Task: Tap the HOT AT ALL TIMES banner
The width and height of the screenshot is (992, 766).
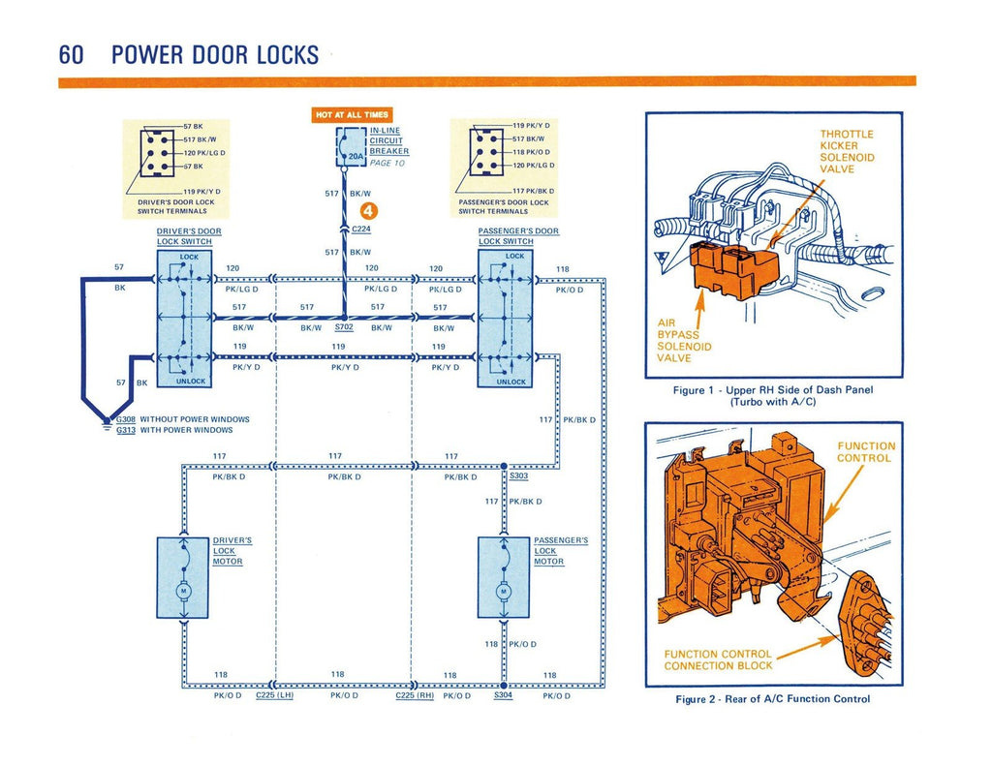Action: [x=351, y=115]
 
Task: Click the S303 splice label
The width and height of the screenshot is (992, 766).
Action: [x=518, y=475]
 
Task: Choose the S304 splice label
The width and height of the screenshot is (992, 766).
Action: [x=503, y=695]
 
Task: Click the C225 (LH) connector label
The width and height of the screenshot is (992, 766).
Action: [x=275, y=695]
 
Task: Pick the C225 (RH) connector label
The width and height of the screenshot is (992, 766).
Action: [x=415, y=695]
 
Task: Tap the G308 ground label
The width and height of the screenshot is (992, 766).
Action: [x=126, y=419]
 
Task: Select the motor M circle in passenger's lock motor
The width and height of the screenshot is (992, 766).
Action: [x=503, y=591]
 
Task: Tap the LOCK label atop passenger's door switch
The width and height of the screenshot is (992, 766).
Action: [x=514, y=256]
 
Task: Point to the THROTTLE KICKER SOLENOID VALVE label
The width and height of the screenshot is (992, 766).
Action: [x=847, y=151]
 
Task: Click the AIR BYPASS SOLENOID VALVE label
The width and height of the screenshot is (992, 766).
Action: [x=684, y=340]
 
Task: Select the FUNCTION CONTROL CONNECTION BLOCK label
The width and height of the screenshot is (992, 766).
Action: [x=718, y=659]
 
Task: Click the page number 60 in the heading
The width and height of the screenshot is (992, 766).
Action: [x=71, y=54]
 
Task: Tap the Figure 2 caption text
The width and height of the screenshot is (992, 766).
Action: [x=772, y=699]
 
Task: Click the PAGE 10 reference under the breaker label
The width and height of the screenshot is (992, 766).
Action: [x=387, y=163]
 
